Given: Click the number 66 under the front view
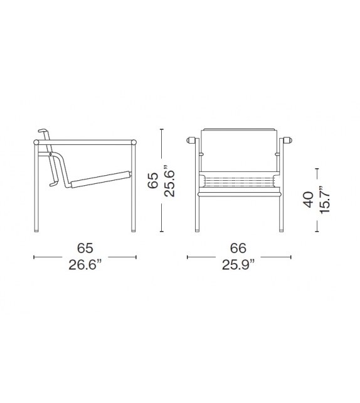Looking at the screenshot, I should click(x=239, y=249).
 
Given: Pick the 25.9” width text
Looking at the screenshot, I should click(x=239, y=266).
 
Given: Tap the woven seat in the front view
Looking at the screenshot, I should click(x=239, y=181).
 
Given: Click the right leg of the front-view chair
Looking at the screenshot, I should click(x=280, y=213).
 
